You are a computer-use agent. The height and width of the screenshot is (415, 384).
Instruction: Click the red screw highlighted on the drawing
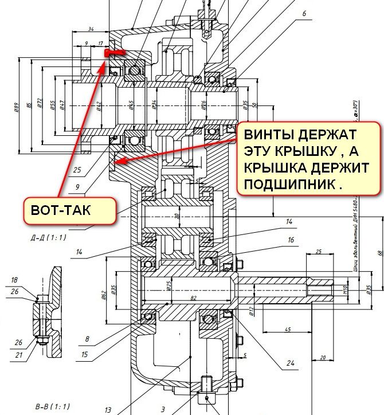pos(113,53)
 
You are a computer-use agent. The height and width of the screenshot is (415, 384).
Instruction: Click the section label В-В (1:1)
pos(52,406)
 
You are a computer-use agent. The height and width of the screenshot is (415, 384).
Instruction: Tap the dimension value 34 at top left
pos(91,29)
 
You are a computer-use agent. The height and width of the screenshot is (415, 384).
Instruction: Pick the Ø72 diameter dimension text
pos(39,104)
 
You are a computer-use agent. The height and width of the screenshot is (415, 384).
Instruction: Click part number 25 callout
pos(77,170)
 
